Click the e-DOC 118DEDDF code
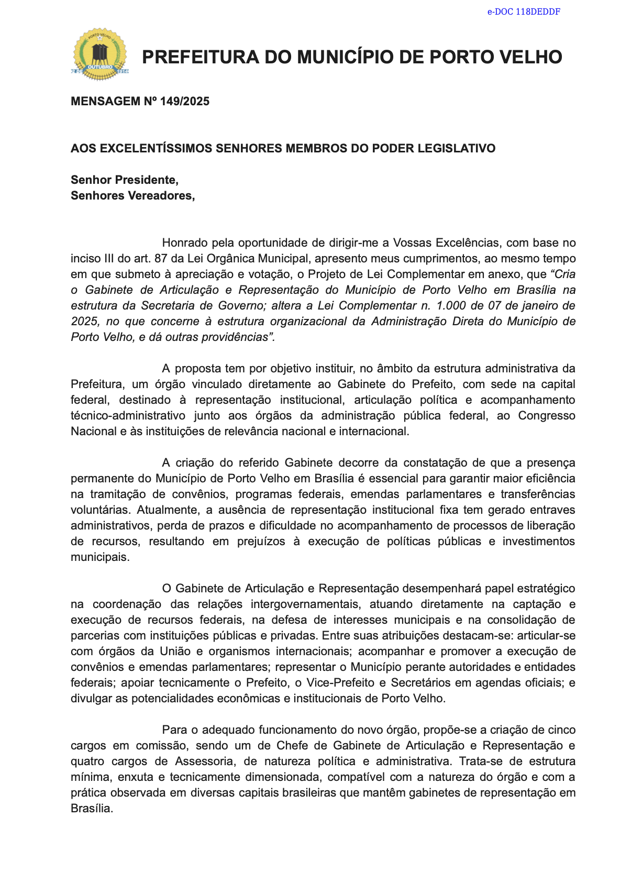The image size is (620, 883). click(x=524, y=12)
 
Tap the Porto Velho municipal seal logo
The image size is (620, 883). click(x=99, y=54)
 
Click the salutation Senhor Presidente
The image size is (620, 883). click(x=125, y=180)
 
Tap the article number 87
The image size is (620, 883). click(x=161, y=258)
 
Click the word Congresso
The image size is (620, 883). click(x=547, y=415)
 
